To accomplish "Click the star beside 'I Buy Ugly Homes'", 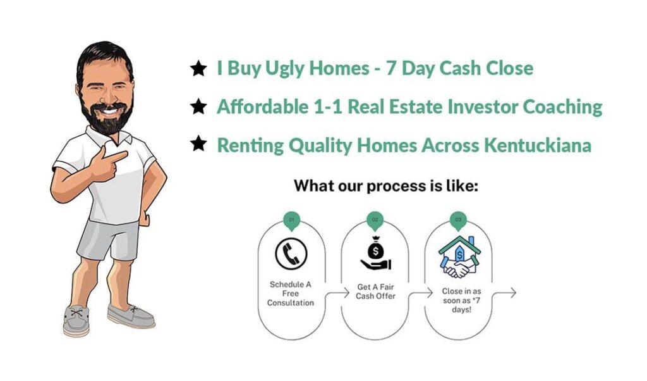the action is pos(198,68).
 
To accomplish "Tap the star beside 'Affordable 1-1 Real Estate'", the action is pos(198,106).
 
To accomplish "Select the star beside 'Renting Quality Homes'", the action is pos(198,144).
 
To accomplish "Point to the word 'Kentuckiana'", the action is pos(537,145).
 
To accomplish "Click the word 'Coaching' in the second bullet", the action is pos(562,108).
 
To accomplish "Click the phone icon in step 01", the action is pos(291,253).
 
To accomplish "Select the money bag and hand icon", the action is pos(375,253).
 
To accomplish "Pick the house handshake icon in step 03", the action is pos(459,257).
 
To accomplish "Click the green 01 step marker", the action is pos(292,220).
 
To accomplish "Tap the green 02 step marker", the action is pos(375,220).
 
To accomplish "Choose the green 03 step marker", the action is pos(458,220).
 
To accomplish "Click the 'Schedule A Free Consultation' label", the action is pos(291,294).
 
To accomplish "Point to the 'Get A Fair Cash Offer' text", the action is pos(375,291).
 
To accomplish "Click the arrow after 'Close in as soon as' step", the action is pos(504,293).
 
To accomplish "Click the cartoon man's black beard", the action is pos(107,116).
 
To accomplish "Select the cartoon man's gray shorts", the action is pos(108,240).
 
